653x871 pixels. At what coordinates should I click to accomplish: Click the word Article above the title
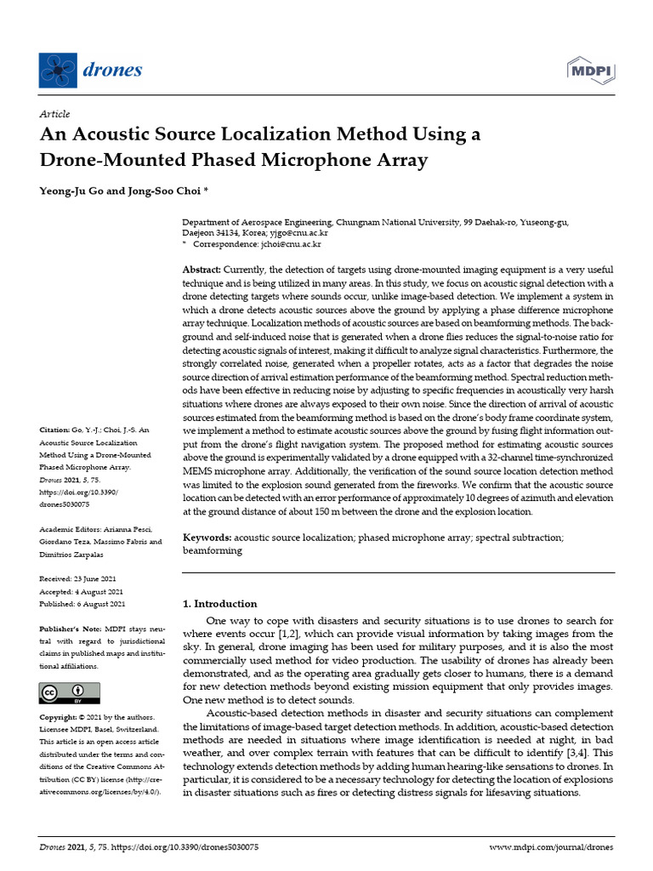coord(55,114)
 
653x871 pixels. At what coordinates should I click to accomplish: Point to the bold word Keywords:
coord(207,538)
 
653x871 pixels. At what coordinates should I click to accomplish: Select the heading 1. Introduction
coord(220,604)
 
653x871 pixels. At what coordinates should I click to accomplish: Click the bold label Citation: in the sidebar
coord(59,431)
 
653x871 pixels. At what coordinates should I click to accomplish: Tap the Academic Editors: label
coord(75,529)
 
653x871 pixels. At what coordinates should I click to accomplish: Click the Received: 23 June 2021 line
coord(82,578)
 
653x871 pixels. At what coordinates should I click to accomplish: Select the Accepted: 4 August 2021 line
coord(82,591)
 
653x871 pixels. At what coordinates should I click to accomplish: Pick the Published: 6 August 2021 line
coord(83,604)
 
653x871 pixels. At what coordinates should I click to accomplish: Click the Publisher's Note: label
coord(72,629)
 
